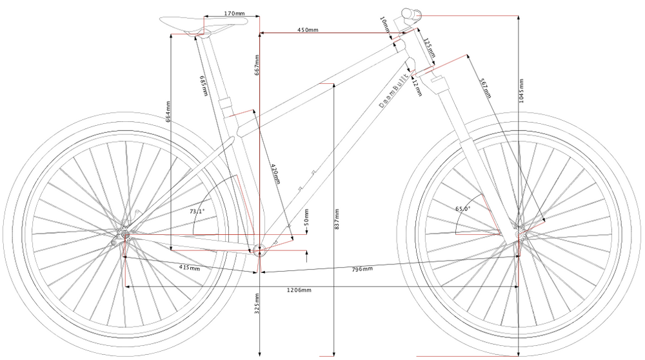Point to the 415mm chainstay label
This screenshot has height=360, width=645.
coord(189,267)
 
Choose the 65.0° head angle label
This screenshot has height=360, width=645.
coord(462,208)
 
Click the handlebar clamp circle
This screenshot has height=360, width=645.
coord(409,14)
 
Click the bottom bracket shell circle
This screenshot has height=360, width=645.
coord(259,251)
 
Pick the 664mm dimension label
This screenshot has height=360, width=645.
coord(169,111)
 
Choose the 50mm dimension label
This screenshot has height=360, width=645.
coord(307,217)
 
